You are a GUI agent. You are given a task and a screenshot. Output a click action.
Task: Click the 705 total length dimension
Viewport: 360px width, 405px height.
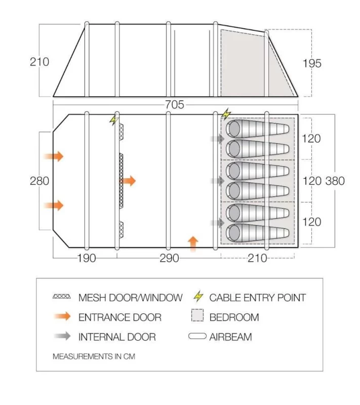pos(174,105)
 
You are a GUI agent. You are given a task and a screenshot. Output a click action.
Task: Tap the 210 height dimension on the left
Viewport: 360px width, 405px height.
pos(39,62)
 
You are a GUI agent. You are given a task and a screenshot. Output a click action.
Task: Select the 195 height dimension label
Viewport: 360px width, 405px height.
pos(312,63)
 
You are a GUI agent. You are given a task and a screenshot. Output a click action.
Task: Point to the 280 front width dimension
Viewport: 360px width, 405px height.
pos(39,181)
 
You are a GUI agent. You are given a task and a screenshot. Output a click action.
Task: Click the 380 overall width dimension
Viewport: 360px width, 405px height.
pos(334,181)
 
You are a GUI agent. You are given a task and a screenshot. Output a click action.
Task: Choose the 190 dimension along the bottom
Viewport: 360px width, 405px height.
pos(87,258)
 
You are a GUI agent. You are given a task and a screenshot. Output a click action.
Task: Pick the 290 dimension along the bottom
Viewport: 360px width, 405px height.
pos(169,258)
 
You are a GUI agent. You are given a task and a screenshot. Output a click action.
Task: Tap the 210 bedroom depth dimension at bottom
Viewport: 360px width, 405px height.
pos(257,258)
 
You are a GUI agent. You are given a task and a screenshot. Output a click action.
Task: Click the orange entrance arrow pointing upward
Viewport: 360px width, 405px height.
pos(193,243)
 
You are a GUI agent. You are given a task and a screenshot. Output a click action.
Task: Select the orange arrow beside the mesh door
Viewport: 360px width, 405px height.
pos(130,181)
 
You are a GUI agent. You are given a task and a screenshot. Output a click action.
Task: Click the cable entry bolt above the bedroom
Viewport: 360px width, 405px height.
pos(226,114)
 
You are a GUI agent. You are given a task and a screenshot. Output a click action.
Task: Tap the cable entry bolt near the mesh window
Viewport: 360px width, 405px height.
pos(113,120)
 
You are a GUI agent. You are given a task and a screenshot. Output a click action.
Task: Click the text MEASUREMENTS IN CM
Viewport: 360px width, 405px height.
pos(94,356)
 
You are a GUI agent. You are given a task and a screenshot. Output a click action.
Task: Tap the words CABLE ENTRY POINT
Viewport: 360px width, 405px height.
pos(257,298)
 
